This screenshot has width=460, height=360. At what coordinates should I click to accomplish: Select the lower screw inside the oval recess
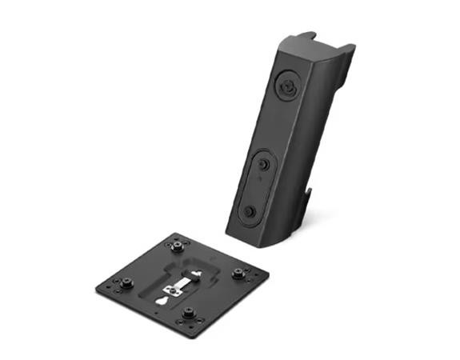250,211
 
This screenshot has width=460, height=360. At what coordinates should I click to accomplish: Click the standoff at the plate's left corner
125,282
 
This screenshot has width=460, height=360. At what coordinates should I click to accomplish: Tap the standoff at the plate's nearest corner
190,314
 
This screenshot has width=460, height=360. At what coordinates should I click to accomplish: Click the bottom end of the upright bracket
264,238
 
